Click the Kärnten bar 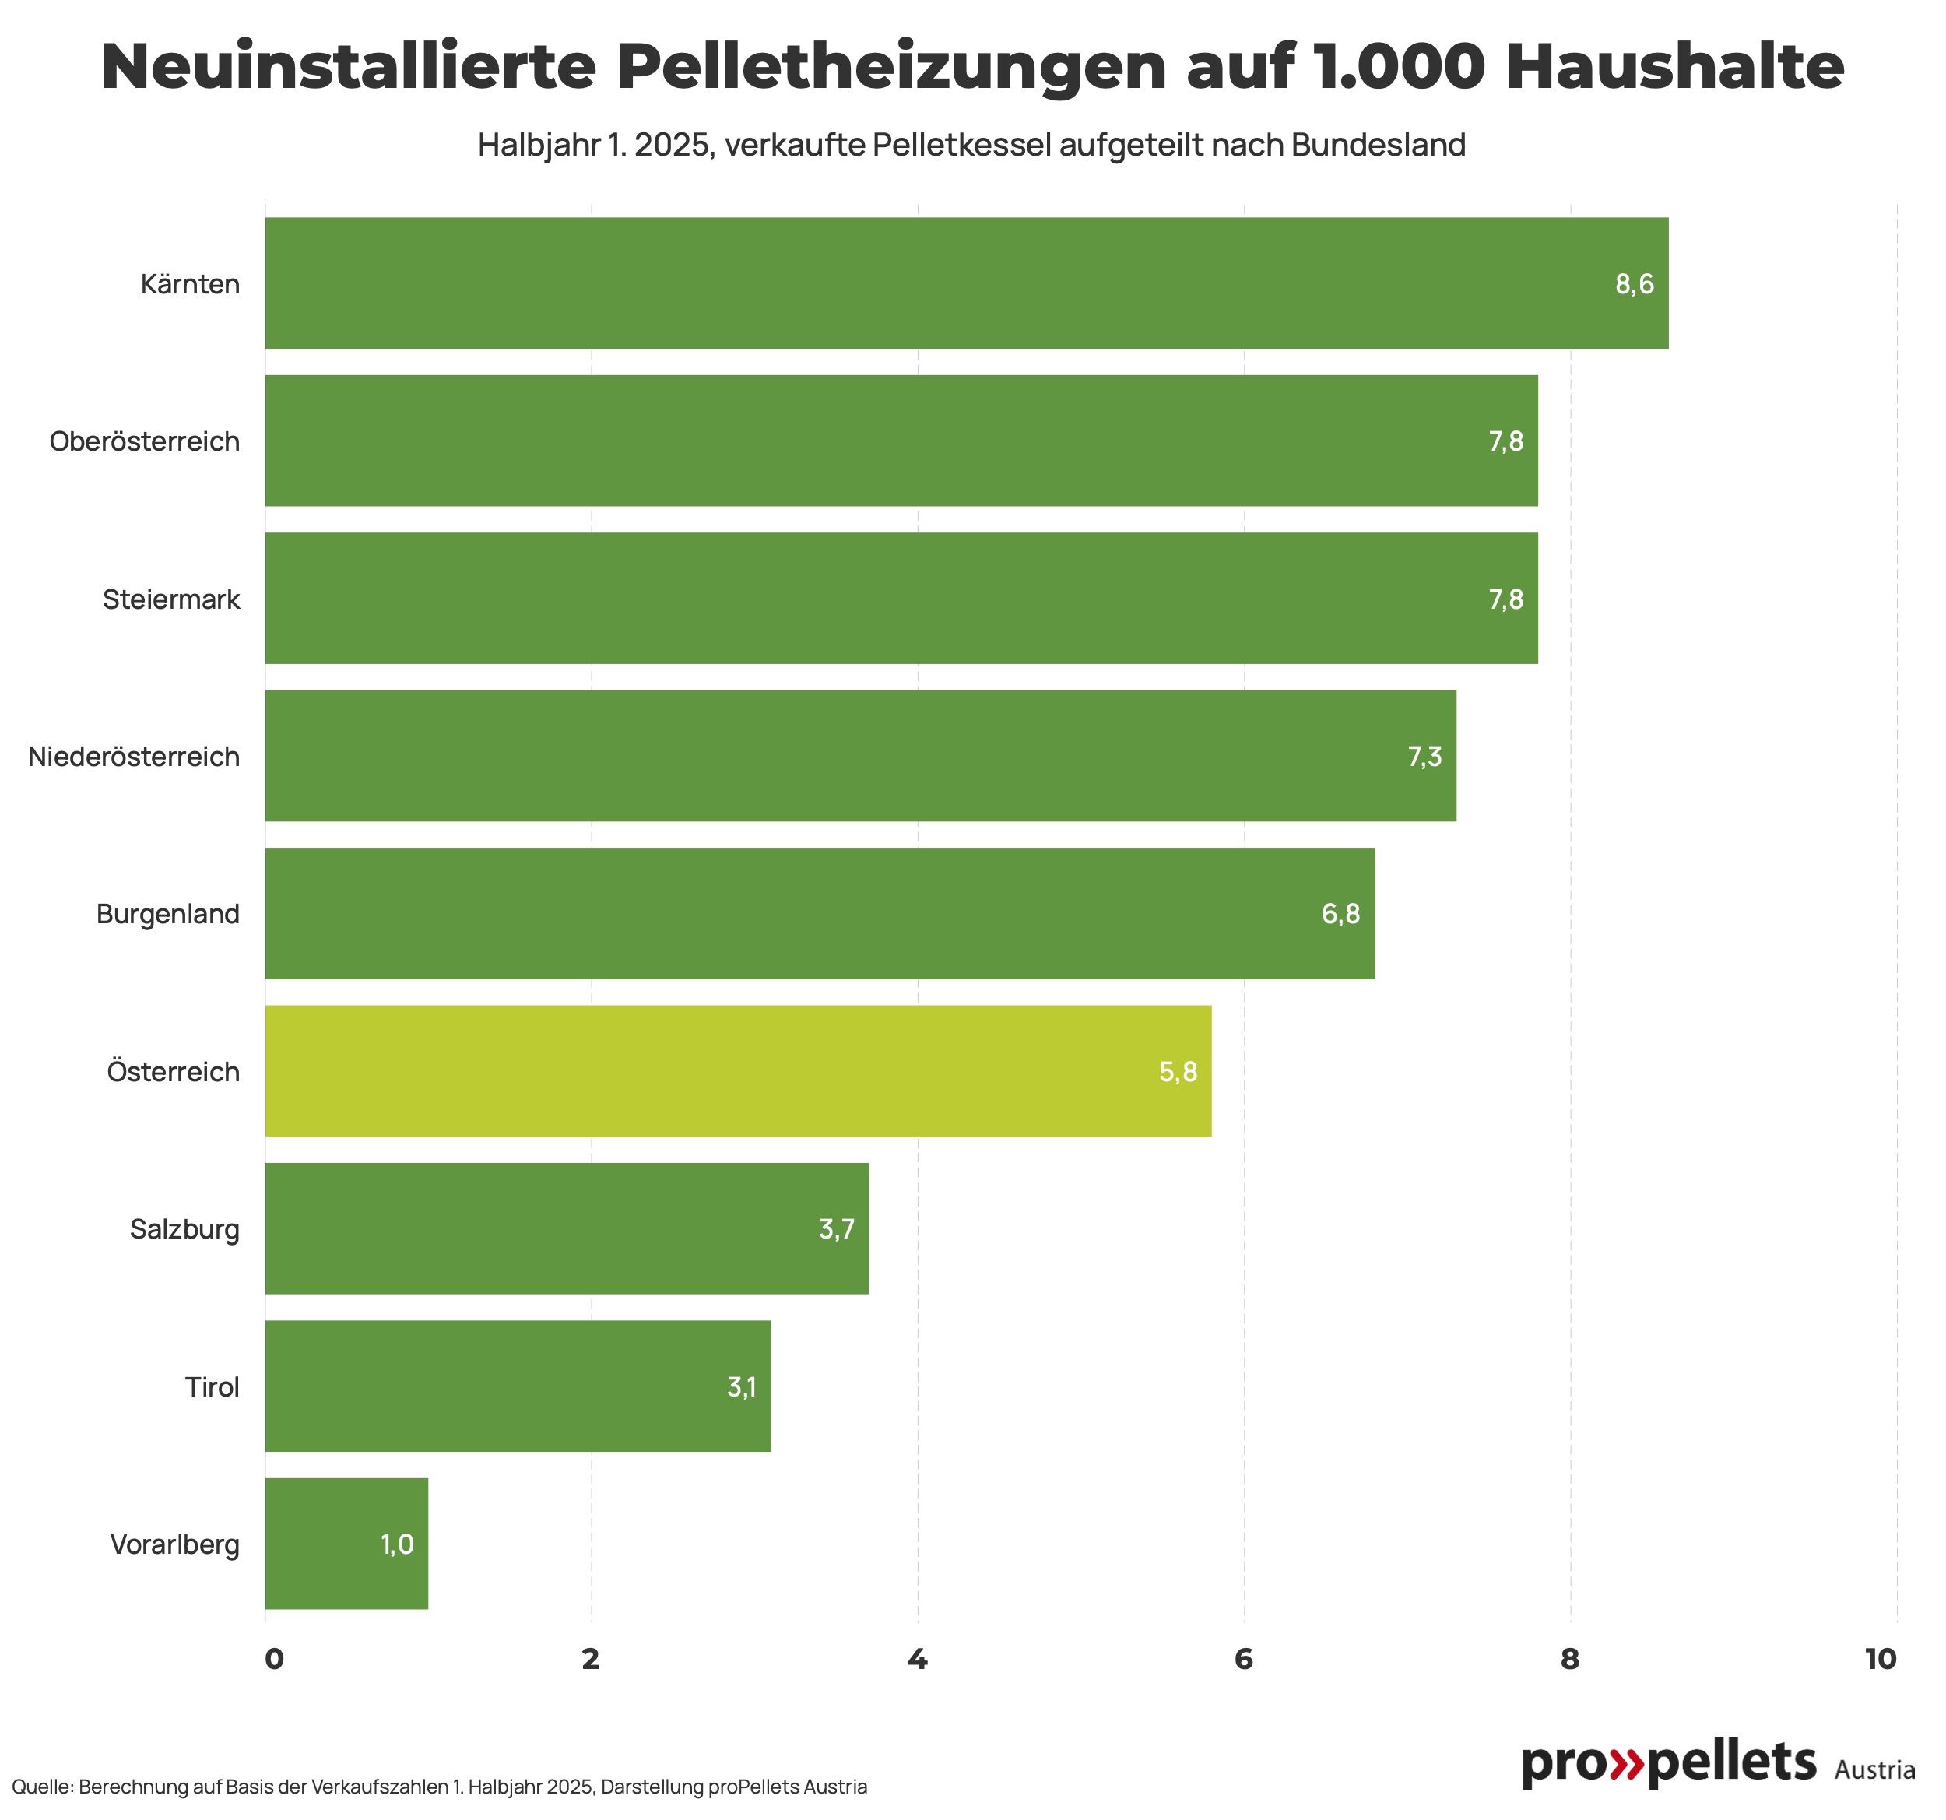(965, 283)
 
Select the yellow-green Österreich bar (737, 1071)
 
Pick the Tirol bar (517, 1386)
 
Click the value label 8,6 (1634, 284)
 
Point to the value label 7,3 (1424, 756)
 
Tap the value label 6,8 (1340, 913)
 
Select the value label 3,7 (836, 1228)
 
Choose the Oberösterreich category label (144, 441)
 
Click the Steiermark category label (170, 599)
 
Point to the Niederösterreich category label (133, 757)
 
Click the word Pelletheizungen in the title (890, 67)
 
